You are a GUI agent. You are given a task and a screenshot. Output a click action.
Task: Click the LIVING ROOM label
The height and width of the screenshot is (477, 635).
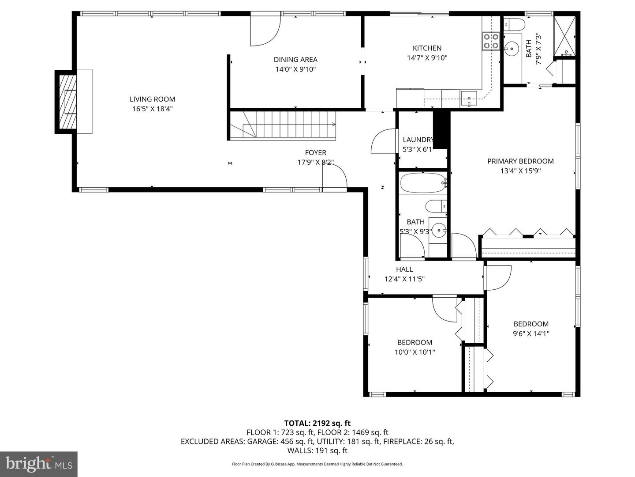tap(152, 99)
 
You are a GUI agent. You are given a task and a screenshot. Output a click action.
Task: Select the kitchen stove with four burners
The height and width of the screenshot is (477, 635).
tap(491, 41)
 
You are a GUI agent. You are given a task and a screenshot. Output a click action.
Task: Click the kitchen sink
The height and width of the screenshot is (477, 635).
tap(469, 98)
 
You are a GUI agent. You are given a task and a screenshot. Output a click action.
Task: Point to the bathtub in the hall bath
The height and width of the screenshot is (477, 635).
tap(422, 183)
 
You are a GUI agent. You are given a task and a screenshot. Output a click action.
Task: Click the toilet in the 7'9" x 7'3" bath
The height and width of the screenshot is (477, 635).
tap(514, 24)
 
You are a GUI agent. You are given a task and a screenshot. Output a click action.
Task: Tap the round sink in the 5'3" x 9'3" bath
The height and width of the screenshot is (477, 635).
tap(439, 230)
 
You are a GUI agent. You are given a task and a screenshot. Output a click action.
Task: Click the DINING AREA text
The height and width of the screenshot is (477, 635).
tap(295, 60)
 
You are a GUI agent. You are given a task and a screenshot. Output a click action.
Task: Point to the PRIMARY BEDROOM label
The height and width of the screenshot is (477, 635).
tap(520, 161)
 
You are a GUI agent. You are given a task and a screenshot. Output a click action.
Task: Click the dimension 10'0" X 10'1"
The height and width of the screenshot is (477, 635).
tap(415, 352)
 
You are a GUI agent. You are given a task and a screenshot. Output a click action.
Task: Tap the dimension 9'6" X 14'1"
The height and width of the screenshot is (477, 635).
tap(531, 333)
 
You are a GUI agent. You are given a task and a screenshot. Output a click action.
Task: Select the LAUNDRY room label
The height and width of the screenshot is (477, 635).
tap(418, 140)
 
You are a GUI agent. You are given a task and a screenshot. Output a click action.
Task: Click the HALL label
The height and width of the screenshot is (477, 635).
tap(404, 269)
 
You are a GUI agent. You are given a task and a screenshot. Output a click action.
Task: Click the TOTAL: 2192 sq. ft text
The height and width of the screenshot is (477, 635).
tap(317, 423)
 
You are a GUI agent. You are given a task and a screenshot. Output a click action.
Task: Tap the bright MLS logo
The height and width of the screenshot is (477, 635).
tap(39, 464)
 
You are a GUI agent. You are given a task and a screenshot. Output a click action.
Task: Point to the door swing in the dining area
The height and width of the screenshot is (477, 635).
tap(265, 30)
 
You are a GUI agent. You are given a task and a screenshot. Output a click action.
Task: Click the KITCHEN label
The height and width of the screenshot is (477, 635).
tap(427, 48)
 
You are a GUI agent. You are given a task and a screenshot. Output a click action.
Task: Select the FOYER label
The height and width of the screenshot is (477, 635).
tap(316, 152)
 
